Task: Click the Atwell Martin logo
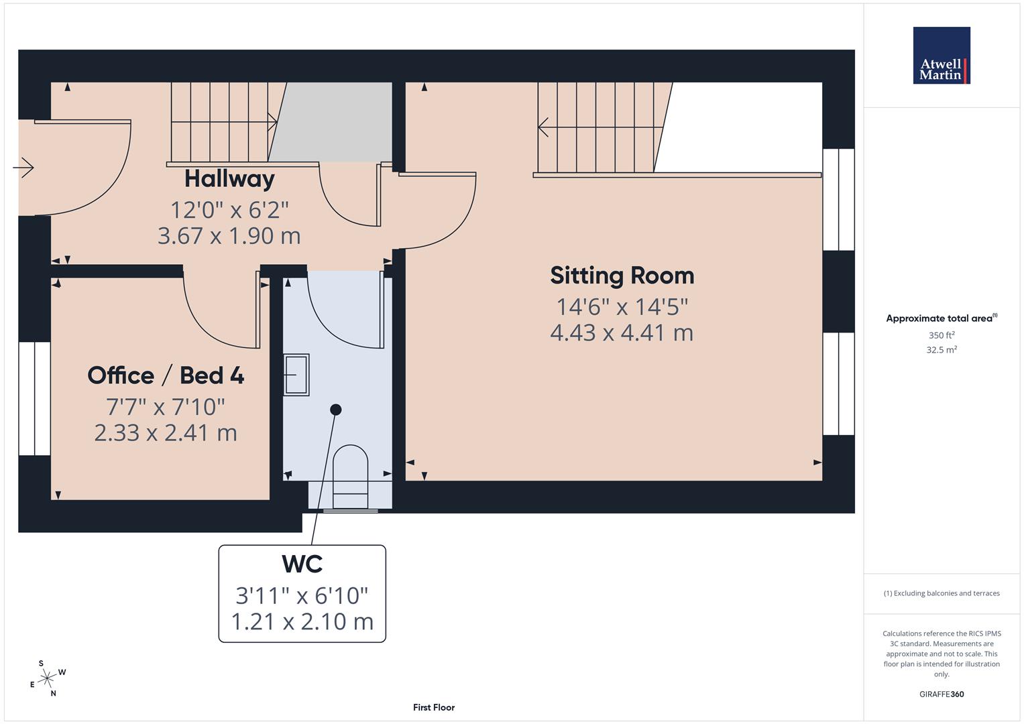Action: pyautogui.click(x=942, y=55)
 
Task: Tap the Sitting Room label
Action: pyautogui.click(x=622, y=276)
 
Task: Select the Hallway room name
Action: pyautogui.click(x=229, y=179)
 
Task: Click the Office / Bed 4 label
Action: pyautogui.click(x=166, y=375)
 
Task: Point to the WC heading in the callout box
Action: pyautogui.click(x=302, y=564)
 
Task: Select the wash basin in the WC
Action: pyautogui.click(x=296, y=375)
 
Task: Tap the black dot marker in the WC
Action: pyautogui.click(x=336, y=410)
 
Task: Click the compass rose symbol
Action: pyautogui.click(x=47, y=679)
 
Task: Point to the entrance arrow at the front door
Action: pyautogui.click(x=23, y=167)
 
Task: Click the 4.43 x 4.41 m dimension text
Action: pyautogui.click(x=622, y=333)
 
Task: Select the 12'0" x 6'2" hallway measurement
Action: pyautogui.click(x=229, y=210)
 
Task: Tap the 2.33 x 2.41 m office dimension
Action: pyautogui.click(x=166, y=433)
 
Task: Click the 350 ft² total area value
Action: pyautogui.click(x=942, y=335)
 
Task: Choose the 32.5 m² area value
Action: pyautogui.click(x=942, y=350)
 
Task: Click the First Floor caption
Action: pyautogui.click(x=434, y=707)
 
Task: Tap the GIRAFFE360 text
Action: pyautogui.click(x=942, y=695)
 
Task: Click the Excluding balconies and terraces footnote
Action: pyautogui.click(x=942, y=593)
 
